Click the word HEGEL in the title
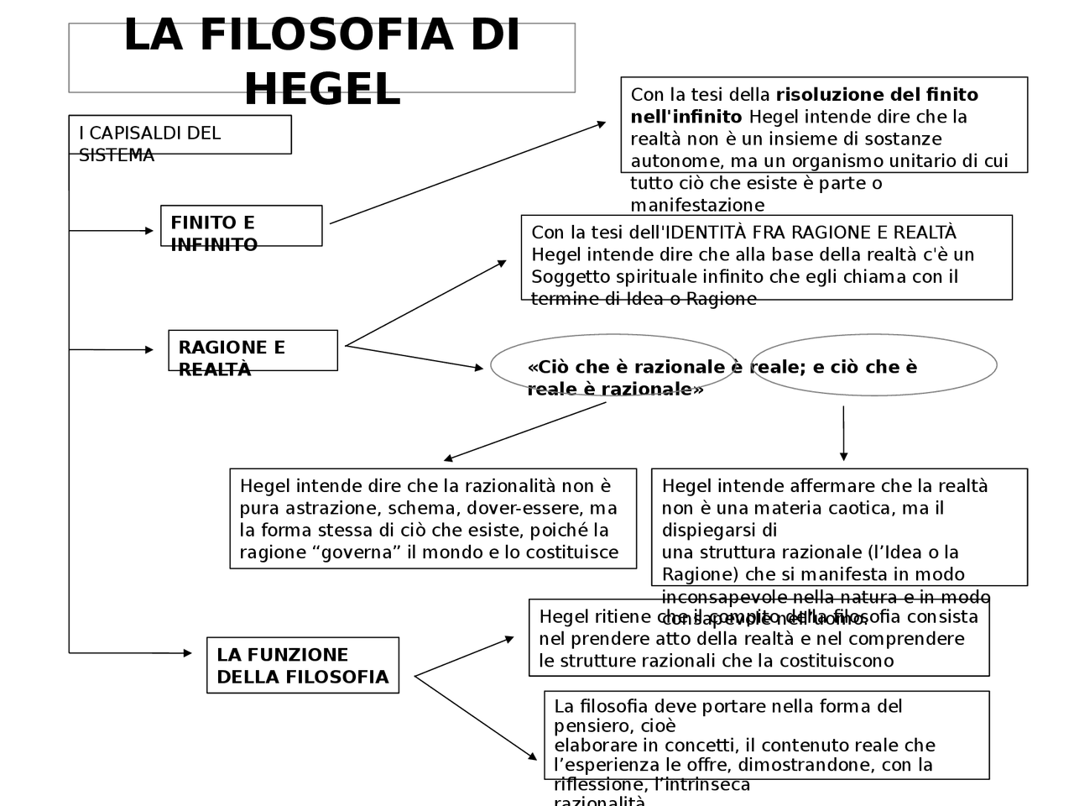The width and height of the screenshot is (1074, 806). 322,89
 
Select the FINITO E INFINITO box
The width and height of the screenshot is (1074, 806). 241,226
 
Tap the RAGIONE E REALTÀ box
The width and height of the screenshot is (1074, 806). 253,350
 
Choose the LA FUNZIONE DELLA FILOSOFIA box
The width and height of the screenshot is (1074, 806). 302,665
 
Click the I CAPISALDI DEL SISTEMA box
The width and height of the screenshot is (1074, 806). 180,135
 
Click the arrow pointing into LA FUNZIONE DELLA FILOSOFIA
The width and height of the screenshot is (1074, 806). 130,652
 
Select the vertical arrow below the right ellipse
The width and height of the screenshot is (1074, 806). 843,433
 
